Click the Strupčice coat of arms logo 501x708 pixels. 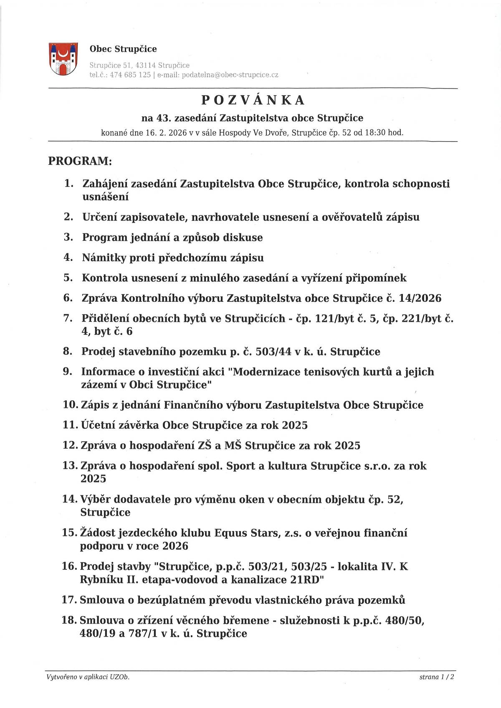click(x=63, y=58)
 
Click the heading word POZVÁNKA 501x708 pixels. click(x=253, y=100)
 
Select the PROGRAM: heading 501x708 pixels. click(x=80, y=161)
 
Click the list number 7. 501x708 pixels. click(x=68, y=318)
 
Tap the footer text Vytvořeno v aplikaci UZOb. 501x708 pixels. click(x=88, y=677)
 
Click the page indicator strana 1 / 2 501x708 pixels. click(x=437, y=677)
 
